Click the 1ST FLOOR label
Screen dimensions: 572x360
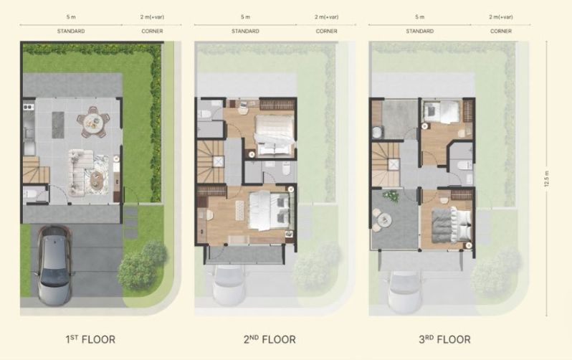pos(90,339)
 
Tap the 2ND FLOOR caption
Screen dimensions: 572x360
pos(270,339)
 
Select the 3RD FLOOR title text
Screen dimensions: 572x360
pos(444,339)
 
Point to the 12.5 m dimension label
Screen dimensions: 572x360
pos(546,179)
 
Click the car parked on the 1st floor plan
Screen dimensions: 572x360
pos(54,265)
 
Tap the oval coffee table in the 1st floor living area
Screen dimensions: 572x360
pos(97,178)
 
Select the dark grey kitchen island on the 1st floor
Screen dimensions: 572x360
pos(58,125)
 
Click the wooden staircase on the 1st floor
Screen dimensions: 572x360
pos(36,170)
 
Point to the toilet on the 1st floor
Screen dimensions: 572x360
pos(31,193)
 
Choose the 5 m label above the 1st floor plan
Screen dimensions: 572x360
pos(71,16)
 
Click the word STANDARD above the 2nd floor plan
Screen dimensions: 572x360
pos(245,31)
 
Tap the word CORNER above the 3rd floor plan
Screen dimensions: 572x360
pos(501,31)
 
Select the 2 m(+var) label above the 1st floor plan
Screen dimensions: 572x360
pos(152,16)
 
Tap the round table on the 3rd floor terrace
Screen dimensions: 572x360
pos(384,219)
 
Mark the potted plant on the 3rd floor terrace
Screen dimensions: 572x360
pos(391,196)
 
